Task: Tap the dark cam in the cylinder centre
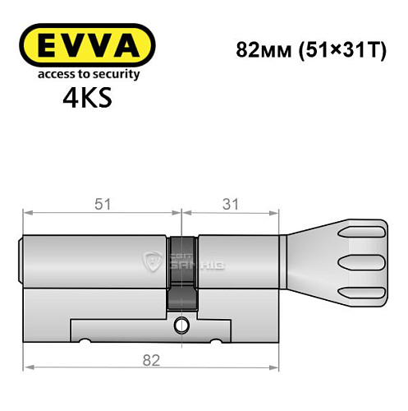coord(182,271)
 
